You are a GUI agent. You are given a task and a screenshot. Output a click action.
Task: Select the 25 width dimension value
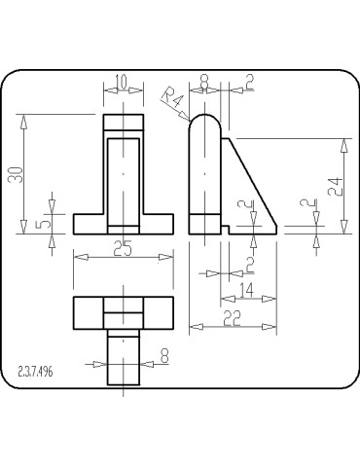pos(123,249)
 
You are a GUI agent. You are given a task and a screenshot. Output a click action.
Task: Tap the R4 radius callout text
pos(172,98)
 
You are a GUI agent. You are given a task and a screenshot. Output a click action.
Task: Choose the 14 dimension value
pos(247,290)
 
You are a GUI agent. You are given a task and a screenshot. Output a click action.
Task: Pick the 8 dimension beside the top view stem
pos(163,357)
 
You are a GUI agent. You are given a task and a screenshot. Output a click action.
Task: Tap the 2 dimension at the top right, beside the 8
pos(248,83)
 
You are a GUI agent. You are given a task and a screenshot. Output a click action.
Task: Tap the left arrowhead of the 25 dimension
pos(79,257)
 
